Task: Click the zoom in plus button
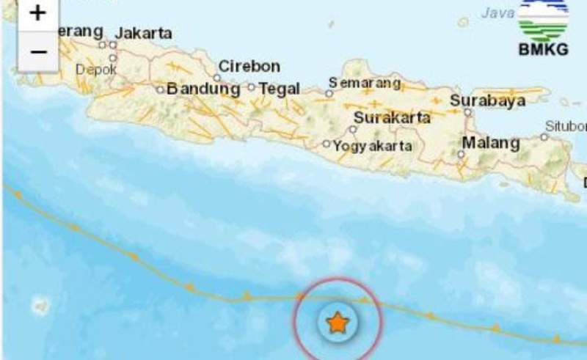point(37,13)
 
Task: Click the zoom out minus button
point(37,51)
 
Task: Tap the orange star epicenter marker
point(337,322)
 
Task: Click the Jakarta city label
point(144,33)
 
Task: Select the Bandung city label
point(203,89)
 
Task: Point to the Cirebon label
point(249,66)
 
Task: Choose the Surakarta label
point(392,117)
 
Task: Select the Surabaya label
point(488,100)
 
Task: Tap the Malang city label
point(491,142)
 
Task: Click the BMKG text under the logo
point(544,50)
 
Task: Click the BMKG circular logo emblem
point(544,19)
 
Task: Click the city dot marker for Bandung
point(160,89)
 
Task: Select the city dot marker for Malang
point(461,154)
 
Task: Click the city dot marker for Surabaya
point(467,113)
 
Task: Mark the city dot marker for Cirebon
point(218,77)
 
